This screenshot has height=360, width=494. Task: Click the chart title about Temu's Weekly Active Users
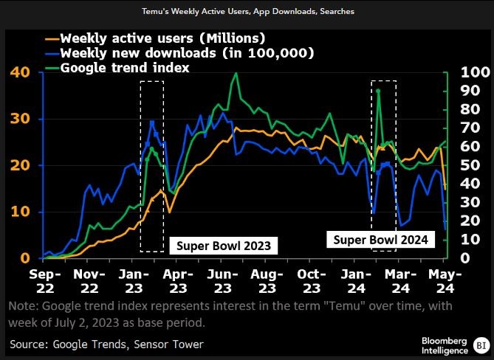[247, 12]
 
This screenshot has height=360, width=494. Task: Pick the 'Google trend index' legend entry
[126, 67]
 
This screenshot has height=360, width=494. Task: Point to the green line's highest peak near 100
[236, 73]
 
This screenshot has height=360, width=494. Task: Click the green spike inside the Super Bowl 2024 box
[378, 91]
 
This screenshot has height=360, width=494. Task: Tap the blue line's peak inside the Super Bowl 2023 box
[152, 121]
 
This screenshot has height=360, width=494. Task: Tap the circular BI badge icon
[481, 345]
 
